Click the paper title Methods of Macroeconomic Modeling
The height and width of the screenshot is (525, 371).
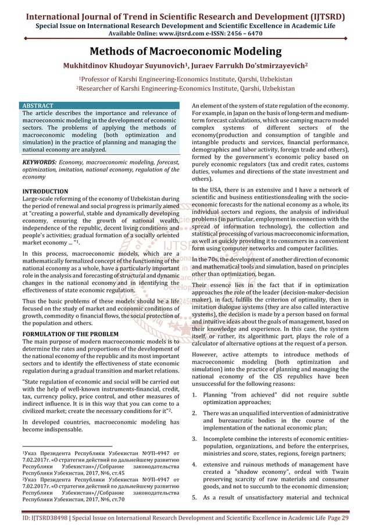(185, 52)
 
